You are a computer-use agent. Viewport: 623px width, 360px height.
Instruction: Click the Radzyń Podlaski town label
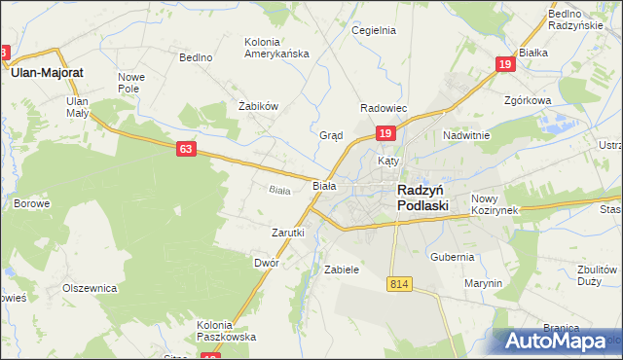pos(422,198)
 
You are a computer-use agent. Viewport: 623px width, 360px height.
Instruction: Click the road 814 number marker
pos(398,283)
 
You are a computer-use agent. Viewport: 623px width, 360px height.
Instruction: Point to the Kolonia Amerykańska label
pos(275,48)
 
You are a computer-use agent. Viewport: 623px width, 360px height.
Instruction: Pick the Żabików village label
pos(259,106)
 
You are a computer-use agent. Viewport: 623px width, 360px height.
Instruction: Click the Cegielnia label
pos(375,30)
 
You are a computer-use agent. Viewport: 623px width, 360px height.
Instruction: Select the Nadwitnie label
pos(465,135)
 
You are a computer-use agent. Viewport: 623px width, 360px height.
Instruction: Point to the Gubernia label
pos(453,257)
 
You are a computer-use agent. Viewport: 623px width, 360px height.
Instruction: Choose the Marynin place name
pos(483,283)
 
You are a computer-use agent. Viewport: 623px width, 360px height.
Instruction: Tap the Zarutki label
pos(288,233)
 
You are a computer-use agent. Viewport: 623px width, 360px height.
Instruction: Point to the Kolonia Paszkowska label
pos(226,331)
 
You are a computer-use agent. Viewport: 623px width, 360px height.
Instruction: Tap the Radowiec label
pos(384,108)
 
